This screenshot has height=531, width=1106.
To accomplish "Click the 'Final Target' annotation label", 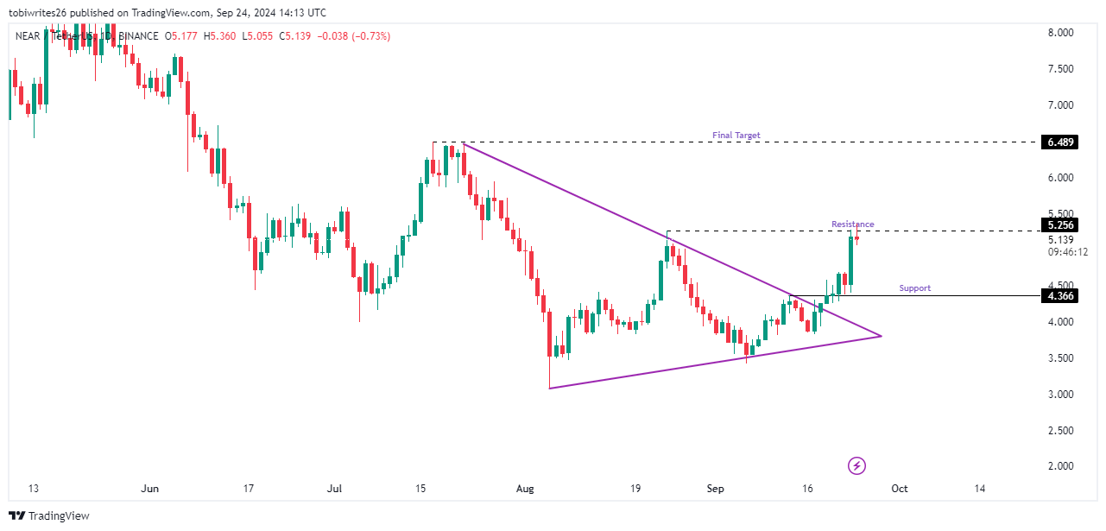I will [736, 136].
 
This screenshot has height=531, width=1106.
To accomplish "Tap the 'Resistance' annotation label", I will [852, 224].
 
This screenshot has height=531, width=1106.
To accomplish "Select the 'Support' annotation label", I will [914, 288].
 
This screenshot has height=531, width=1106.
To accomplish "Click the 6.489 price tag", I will [1060, 142].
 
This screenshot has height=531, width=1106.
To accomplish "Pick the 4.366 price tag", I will [1060, 296].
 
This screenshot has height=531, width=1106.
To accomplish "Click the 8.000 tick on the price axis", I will [1060, 33].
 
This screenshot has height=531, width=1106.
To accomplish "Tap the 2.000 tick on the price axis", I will [1060, 466].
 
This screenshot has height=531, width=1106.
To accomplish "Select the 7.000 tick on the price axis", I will [1060, 105].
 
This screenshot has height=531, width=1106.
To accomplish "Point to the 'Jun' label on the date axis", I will [150, 489].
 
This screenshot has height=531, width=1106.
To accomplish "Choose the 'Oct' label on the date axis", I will [899, 489].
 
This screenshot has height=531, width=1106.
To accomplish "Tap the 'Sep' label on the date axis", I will [715, 489].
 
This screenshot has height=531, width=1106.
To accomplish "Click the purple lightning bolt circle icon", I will [856, 466].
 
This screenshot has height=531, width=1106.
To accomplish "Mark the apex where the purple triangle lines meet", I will [881, 336].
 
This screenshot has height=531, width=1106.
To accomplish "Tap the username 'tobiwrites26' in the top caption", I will [37, 13].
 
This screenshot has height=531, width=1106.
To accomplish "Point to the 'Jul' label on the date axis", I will [335, 489].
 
